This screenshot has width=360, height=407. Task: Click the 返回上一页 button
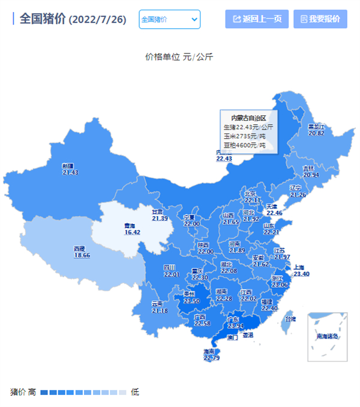tap(257, 19)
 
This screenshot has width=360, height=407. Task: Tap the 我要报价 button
tap(320, 19)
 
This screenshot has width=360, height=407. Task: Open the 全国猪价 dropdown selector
tap(169, 19)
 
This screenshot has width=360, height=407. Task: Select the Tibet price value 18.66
tap(82, 255)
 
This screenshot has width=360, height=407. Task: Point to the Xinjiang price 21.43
tap(70, 172)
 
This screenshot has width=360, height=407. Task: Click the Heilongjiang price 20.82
tap(316, 133)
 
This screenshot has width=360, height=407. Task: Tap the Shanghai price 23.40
tap(301, 274)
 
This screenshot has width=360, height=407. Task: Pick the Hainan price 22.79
tap(212, 358)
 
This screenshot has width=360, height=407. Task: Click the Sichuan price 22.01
tap(172, 274)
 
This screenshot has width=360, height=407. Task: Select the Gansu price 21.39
tap(160, 219)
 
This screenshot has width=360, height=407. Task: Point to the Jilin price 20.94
tap(311, 175)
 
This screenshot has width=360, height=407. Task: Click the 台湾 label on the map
tap(290, 319)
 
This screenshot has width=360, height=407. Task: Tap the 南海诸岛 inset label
tap(327, 337)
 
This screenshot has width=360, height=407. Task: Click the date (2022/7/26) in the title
tap(97, 20)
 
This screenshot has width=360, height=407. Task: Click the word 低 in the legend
tap(135, 392)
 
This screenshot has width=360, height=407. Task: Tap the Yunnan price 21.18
tap(160, 310)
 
